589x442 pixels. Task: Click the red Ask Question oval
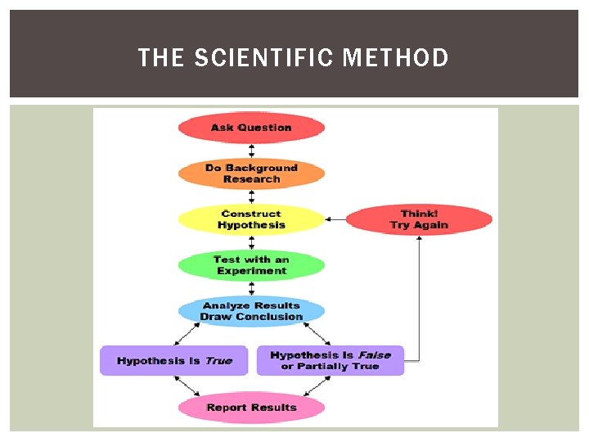251,128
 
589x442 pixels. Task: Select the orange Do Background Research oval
251,174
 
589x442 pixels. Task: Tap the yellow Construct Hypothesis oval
251,219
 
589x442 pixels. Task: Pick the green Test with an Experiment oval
251,265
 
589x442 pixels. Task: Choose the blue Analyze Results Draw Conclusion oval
251,311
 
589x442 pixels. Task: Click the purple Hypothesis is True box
173,361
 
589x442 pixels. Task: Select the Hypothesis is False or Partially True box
330,361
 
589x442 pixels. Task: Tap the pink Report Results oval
251,408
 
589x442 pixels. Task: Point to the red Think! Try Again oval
419,219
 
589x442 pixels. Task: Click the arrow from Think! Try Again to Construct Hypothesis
335,219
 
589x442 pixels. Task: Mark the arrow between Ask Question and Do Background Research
251,151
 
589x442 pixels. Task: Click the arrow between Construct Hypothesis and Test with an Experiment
251,242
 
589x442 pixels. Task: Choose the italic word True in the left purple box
218,361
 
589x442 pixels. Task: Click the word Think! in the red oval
419,214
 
